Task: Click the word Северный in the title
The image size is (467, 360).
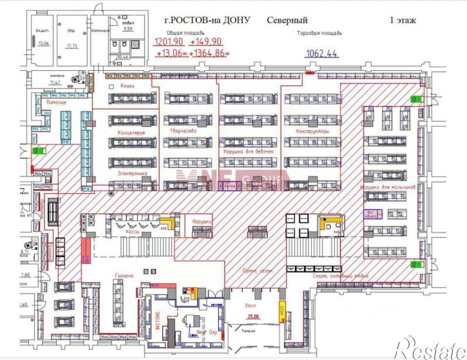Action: point(287,20)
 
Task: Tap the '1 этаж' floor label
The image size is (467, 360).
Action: point(403,20)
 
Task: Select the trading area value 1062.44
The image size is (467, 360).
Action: point(321,53)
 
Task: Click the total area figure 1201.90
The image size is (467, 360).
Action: point(168,42)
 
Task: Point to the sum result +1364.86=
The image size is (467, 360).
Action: point(209,53)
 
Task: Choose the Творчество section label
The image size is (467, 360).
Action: point(183,131)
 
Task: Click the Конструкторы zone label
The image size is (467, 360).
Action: point(312,131)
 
